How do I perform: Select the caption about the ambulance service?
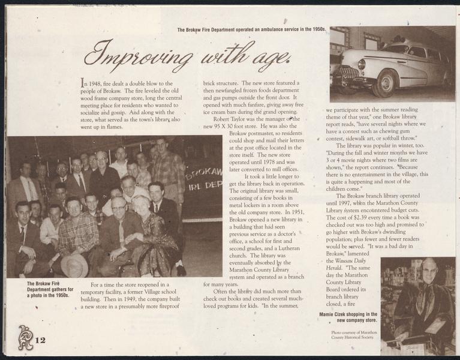tap(251, 29)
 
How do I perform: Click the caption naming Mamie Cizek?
tap(348, 317)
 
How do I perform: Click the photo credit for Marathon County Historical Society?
tap(353, 334)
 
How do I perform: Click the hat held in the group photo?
tap(74, 265)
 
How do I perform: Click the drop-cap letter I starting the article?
tap(83, 83)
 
